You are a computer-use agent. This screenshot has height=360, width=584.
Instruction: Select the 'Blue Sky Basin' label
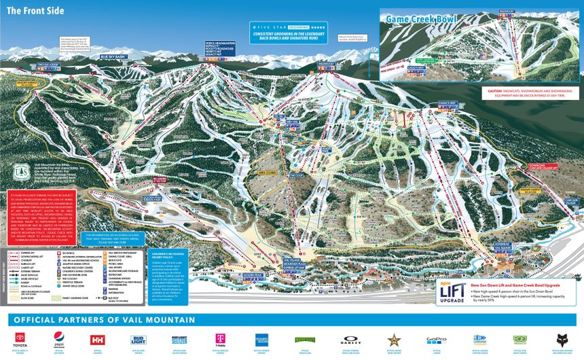point(112,56)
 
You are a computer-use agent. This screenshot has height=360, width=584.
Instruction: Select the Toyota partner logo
point(22,340)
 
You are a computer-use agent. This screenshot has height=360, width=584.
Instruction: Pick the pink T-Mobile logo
point(219,339)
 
